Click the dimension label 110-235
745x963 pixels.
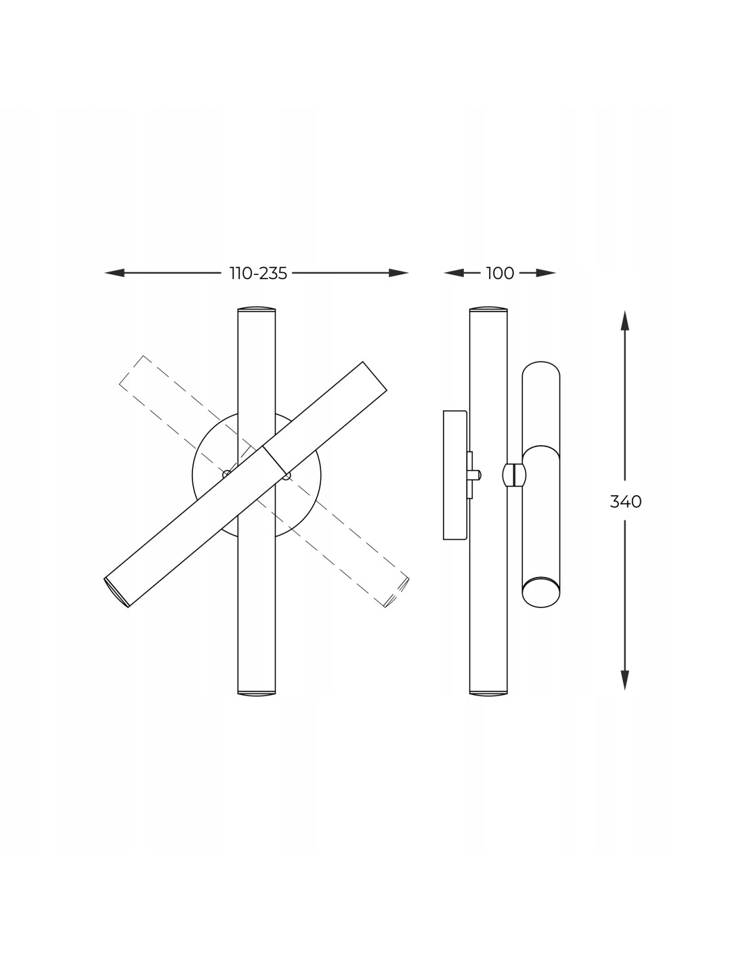pos(258,274)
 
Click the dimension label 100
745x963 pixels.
pos(500,274)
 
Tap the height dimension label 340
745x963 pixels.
pos(625,502)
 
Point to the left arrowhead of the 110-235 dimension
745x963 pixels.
pos(114,273)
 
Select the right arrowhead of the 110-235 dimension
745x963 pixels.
pos(398,273)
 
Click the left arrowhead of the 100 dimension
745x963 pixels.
pos(453,273)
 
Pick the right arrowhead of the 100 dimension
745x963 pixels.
pos(546,273)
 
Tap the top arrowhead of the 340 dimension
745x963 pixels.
pos(625,320)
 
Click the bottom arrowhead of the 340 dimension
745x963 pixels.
pos(625,680)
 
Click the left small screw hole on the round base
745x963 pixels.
pos(226,474)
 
